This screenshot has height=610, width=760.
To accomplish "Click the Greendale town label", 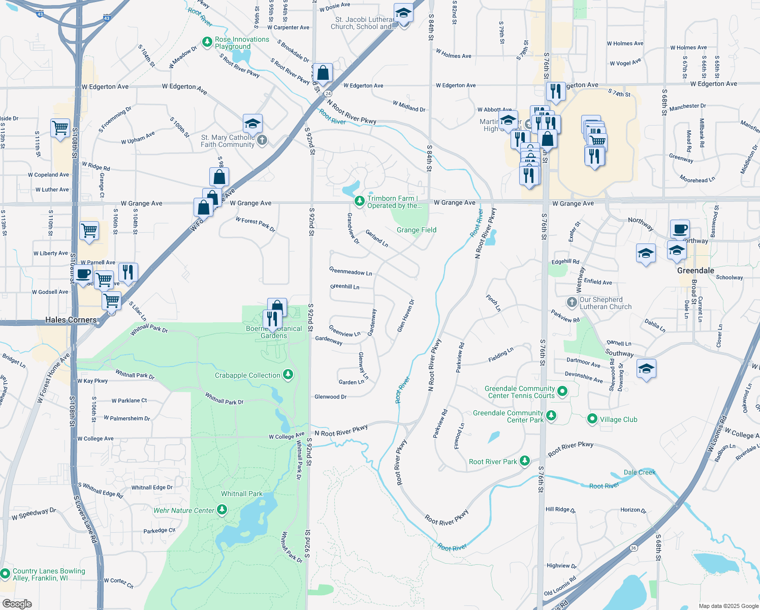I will [695, 270].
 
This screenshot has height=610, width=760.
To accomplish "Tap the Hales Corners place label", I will [71, 320].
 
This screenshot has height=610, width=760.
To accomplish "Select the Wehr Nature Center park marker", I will [222, 510].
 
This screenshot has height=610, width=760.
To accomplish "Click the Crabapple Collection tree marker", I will [288, 375].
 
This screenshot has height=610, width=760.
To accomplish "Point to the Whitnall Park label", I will [242, 494].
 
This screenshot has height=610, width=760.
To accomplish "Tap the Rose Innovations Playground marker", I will [207, 42].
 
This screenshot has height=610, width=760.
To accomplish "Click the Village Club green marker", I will [592, 419].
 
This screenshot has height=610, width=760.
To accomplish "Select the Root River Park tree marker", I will [525, 461].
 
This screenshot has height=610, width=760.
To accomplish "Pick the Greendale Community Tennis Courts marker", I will [562, 391].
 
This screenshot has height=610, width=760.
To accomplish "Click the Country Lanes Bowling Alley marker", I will [5, 574].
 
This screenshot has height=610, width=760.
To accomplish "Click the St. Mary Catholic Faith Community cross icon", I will [262, 140].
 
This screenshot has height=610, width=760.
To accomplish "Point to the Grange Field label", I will [416, 230].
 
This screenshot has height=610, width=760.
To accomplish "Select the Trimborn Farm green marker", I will [360, 202].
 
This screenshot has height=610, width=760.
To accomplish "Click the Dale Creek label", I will [640, 472].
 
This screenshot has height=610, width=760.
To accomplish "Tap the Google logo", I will [17, 603].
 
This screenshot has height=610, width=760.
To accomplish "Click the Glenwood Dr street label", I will [330, 396].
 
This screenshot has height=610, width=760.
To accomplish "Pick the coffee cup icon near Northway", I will [680, 229].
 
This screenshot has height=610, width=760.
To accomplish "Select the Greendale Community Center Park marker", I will [551, 416].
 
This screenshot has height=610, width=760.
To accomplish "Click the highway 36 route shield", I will [633, 548].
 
